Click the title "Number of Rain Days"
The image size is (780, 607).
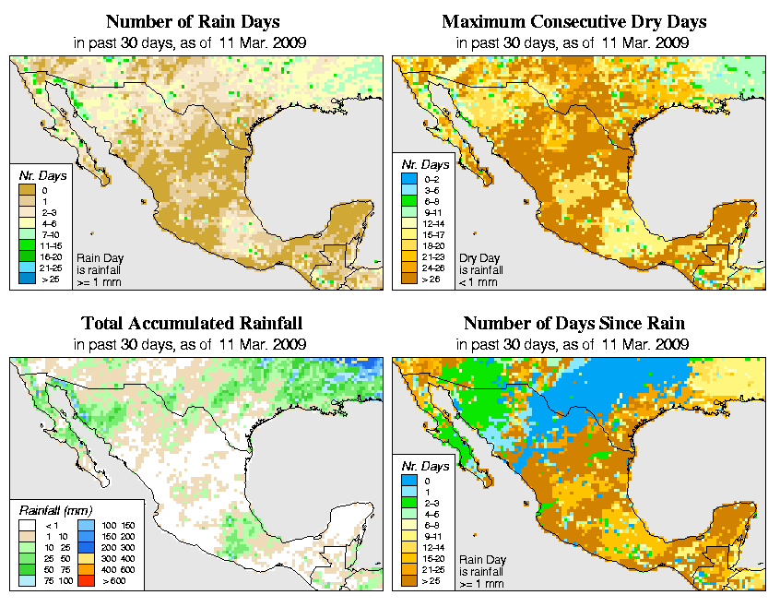point(193,21)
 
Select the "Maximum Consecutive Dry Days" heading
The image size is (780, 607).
point(574,21)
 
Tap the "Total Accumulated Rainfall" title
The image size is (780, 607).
point(192,324)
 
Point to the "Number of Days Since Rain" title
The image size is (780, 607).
point(573,324)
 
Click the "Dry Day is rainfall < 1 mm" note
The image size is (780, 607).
point(480,270)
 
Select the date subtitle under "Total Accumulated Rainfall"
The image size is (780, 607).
point(191,344)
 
